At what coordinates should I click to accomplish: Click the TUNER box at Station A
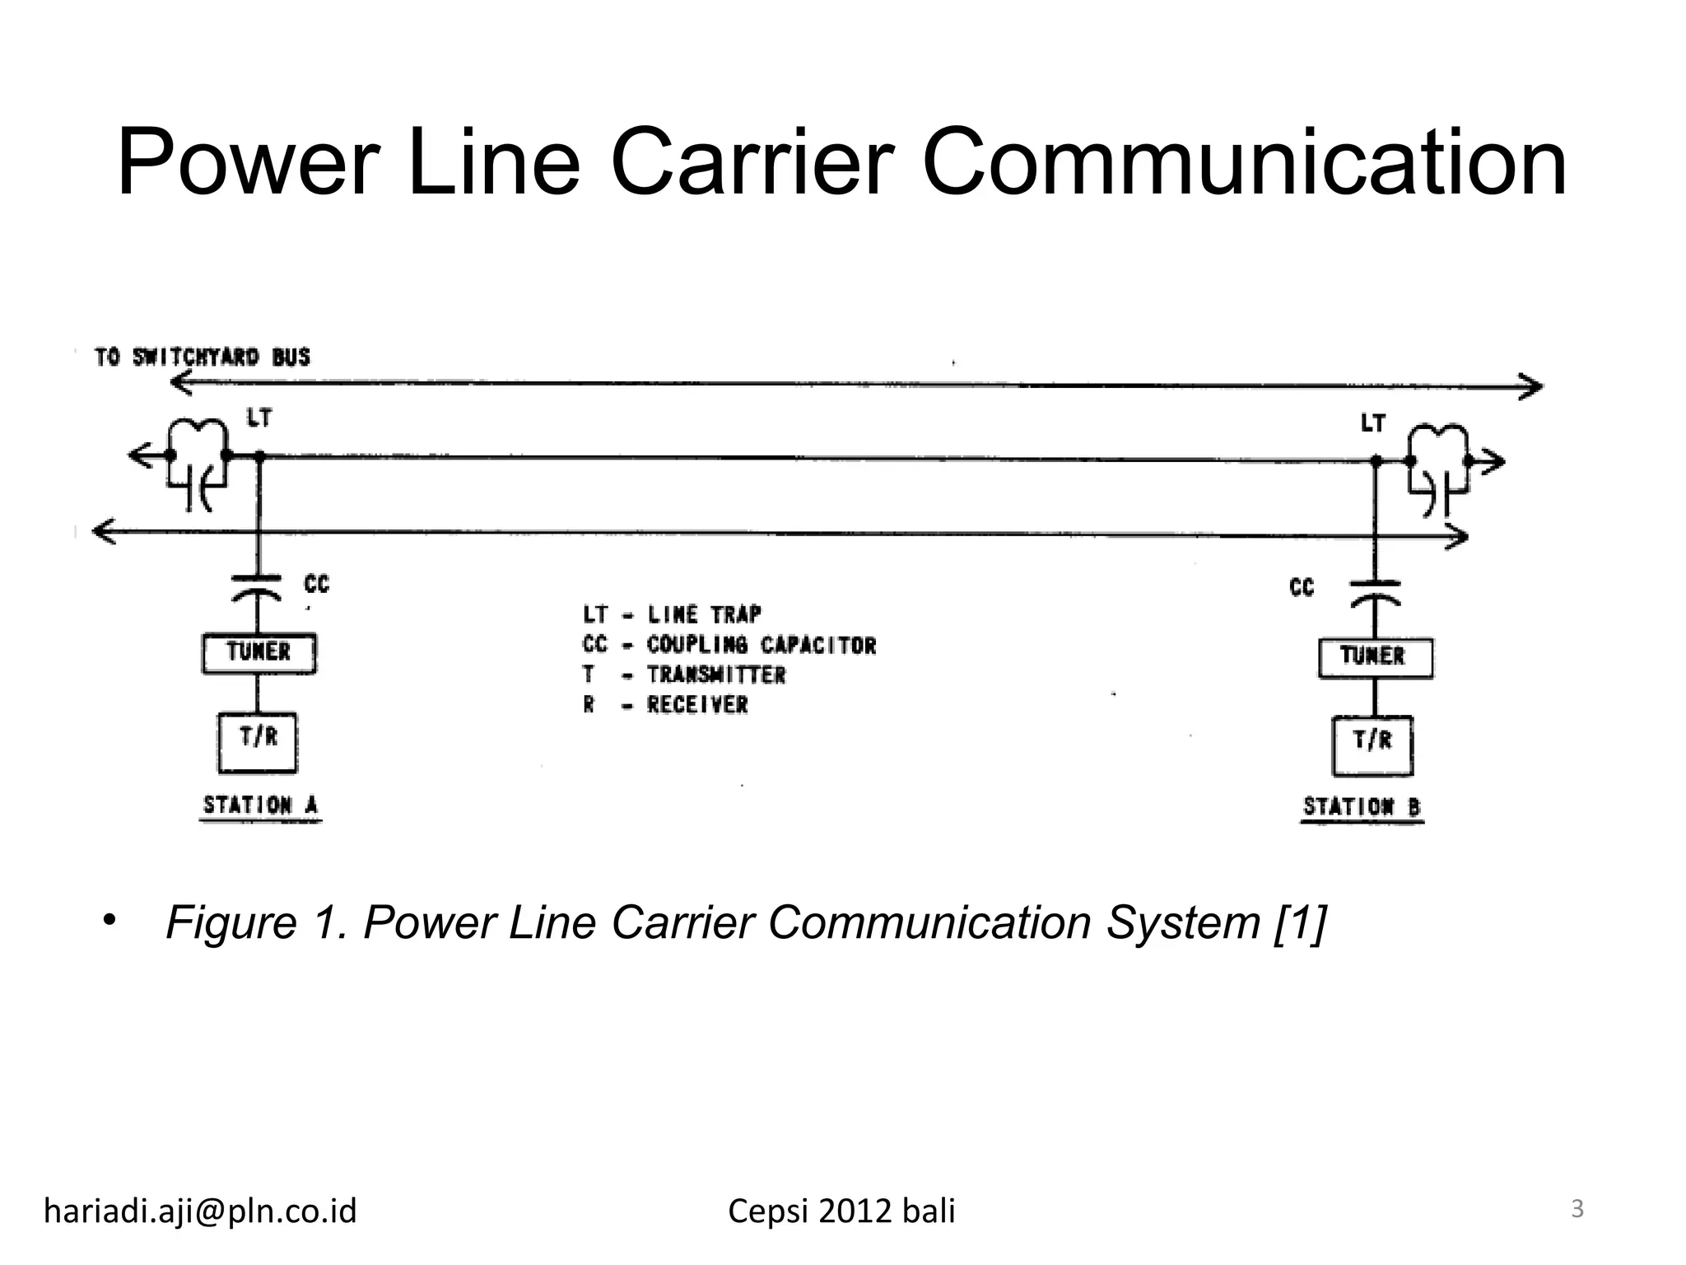[258, 653]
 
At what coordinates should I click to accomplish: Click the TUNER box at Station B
[1375, 658]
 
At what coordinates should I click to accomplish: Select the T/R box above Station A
[258, 742]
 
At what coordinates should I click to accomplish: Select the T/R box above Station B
[1372, 745]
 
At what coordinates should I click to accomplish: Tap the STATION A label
[260, 805]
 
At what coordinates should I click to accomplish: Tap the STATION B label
[1362, 807]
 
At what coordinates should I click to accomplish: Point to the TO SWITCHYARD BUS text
[203, 357]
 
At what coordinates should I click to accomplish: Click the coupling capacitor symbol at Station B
[1375, 591]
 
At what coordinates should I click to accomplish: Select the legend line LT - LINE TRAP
[672, 614]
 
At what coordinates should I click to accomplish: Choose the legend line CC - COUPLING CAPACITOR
[729, 645]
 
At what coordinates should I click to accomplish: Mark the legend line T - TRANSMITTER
[683, 675]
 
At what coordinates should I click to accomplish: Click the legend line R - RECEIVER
[665, 705]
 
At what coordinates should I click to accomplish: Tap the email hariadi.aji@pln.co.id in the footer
[200, 1211]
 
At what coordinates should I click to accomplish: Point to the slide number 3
[1577, 1209]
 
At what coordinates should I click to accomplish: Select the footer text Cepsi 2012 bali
[841, 1211]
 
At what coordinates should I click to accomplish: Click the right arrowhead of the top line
[1533, 386]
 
